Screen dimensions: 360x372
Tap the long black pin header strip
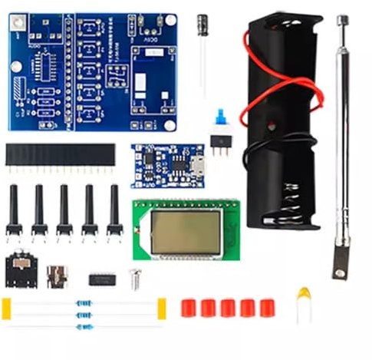pyautogui.click(x=60, y=157)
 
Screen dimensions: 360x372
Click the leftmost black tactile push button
pyautogui.click(x=14, y=211)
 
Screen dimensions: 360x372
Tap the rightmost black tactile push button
pyautogui.click(x=114, y=211)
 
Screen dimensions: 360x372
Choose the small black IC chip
pyautogui.click(x=102, y=279)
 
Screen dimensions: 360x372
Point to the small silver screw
pyautogui.click(x=135, y=279)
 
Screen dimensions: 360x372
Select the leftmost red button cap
pyautogui.click(x=188, y=308)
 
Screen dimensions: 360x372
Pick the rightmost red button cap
pyautogui.click(x=267, y=308)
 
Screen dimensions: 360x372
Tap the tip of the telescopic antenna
pyautogui.click(x=342, y=20)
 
